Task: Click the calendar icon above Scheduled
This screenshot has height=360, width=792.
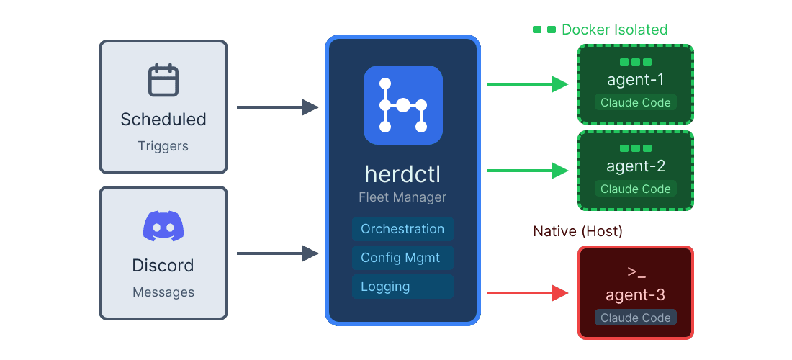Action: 163,80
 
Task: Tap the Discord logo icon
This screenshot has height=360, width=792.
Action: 163,226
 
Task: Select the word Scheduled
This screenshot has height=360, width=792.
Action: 163,120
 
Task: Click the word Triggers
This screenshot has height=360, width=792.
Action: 163,146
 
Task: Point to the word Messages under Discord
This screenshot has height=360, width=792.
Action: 163,292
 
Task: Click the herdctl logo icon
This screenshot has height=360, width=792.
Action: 402,105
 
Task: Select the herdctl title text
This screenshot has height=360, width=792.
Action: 402,175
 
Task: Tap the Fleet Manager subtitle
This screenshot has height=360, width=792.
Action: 402,197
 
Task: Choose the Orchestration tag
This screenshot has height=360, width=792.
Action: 402,229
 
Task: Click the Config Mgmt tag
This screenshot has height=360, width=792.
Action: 400,258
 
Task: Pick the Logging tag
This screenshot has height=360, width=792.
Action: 386,287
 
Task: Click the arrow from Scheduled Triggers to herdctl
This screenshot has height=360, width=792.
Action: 277,108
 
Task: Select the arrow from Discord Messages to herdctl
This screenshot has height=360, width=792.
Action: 277,253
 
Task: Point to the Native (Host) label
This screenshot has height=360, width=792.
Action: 577,231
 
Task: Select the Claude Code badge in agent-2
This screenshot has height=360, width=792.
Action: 635,189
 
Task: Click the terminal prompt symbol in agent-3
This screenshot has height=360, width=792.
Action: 636,272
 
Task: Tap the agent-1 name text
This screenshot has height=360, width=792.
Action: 636,79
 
